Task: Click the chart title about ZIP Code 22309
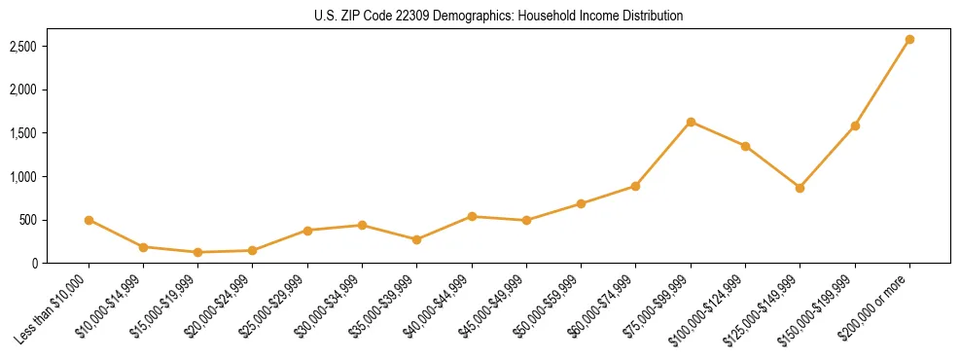pos(498,17)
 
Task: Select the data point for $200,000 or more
pos(909,40)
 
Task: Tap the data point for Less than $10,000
pos(89,220)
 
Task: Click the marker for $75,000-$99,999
pos(691,122)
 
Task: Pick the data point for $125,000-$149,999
pos(800,188)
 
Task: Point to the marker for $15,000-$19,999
pos(197,252)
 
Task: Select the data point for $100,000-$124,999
pos(745,146)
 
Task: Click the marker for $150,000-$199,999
pos(855,126)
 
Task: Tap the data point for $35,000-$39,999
pos(416,239)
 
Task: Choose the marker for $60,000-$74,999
pos(635,186)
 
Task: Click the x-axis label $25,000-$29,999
pos(274,305)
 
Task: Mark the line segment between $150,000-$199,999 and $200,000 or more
pos(882,83)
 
